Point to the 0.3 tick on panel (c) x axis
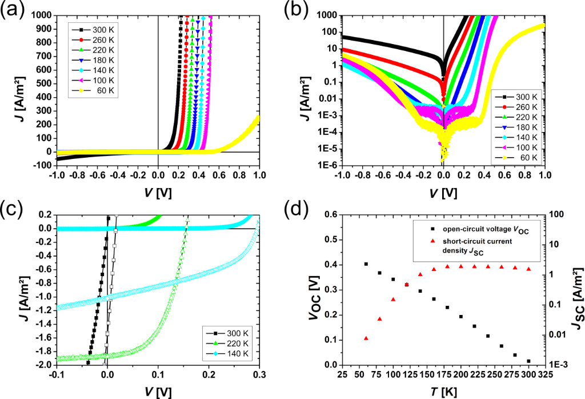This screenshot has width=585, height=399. [x=259, y=374]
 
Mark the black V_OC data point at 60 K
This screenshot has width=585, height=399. [x=366, y=264]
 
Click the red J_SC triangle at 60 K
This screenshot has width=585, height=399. [x=366, y=338]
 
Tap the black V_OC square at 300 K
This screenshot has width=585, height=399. [x=528, y=361]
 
